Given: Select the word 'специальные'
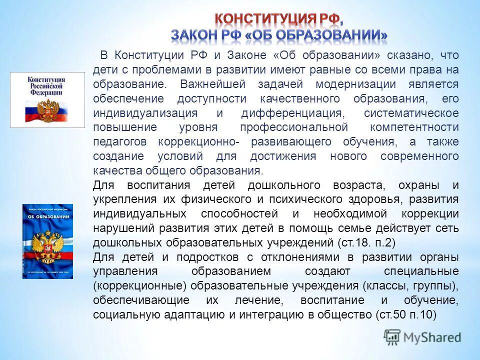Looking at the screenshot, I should coord(420,271).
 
